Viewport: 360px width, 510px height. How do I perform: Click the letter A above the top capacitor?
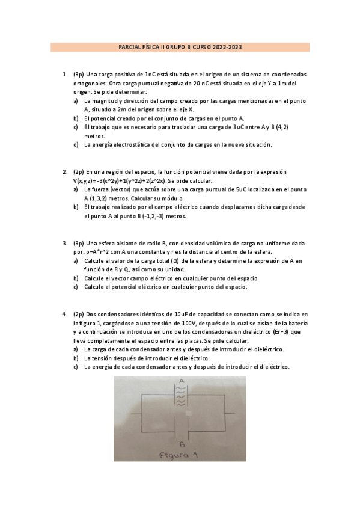coord(180,381)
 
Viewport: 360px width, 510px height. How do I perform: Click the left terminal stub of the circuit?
coord(136,414)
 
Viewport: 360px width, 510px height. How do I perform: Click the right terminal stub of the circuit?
coord(228,414)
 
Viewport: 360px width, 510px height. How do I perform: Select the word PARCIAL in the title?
coord(131,47)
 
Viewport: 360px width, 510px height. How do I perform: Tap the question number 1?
coord(64,75)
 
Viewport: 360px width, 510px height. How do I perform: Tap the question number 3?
coord(64,244)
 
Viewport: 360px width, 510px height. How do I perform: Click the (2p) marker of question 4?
coord(79,315)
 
